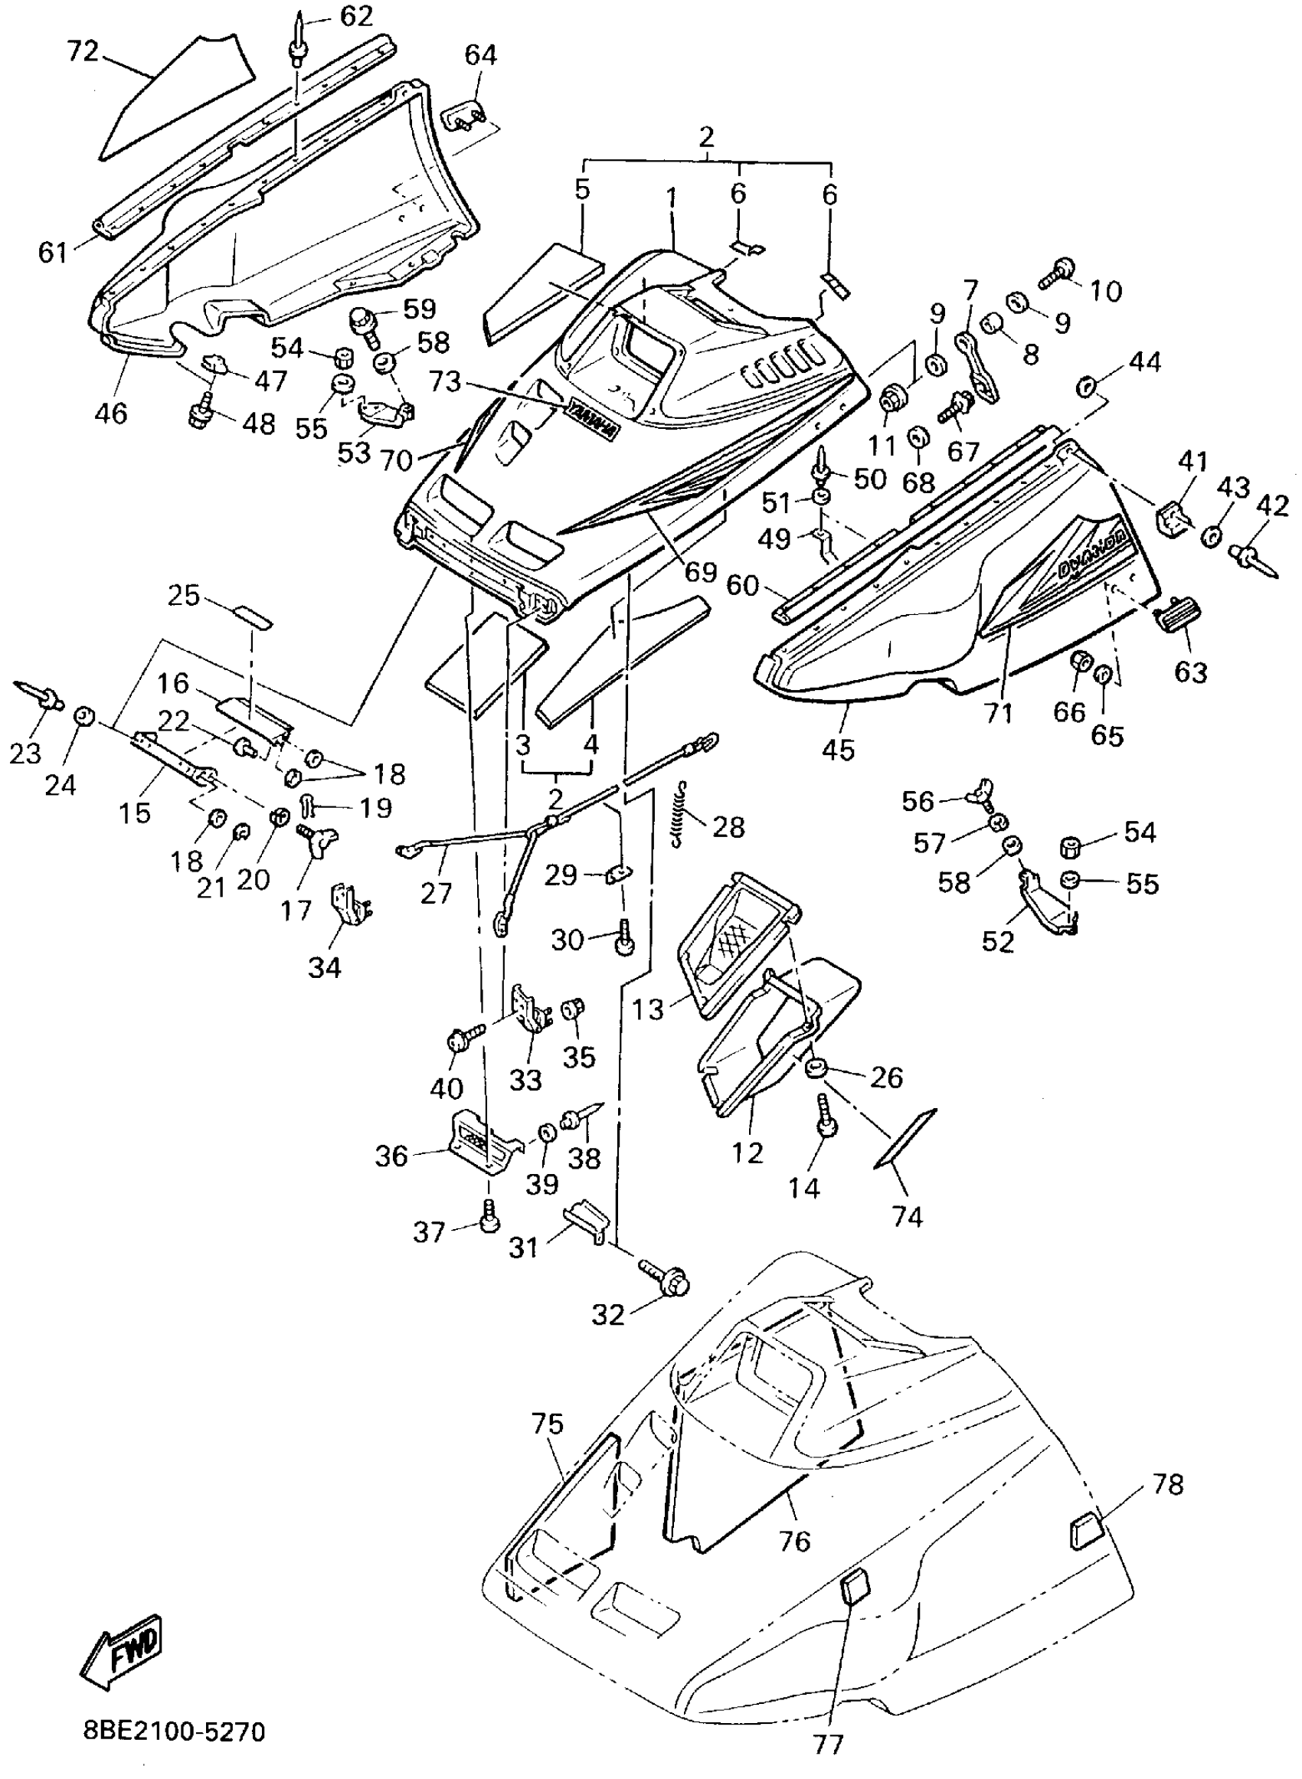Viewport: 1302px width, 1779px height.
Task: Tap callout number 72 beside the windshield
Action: (x=82, y=52)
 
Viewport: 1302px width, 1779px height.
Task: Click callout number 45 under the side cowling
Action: (x=837, y=748)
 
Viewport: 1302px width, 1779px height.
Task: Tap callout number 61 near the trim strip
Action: (x=54, y=252)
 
